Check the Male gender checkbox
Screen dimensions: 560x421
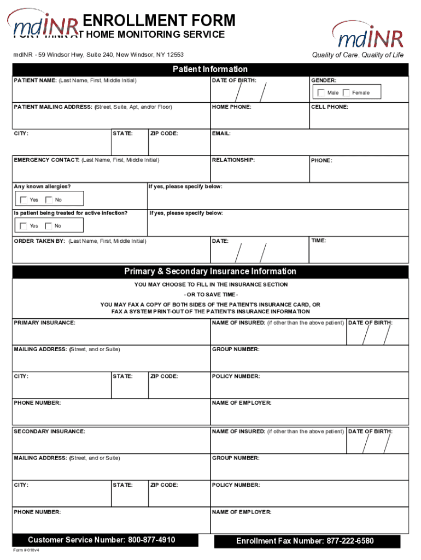[x=321, y=93]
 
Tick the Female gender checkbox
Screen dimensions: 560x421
[x=346, y=93]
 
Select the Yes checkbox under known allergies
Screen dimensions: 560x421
[x=23, y=200]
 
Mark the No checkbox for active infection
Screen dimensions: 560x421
[x=49, y=226]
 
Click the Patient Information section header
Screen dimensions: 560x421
[x=210, y=69]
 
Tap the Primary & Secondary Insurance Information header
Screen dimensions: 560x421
[x=210, y=272]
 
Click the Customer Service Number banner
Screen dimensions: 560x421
[x=102, y=540]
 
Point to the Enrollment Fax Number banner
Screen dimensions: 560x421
[x=305, y=541]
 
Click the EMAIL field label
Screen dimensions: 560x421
[x=221, y=133]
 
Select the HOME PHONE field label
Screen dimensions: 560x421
[x=231, y=107]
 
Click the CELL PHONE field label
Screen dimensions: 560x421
[x=329, y=107]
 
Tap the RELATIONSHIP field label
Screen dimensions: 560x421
[x=233, y=160]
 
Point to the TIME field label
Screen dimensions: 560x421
[x=319, y=241]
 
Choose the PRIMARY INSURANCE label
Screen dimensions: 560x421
[x=44, y=323]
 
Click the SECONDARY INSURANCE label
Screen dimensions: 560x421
[x=49, y=432]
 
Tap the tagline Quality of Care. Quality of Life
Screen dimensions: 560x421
[x=358, y=55]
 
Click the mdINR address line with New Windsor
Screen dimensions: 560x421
[x=98, y=55]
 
